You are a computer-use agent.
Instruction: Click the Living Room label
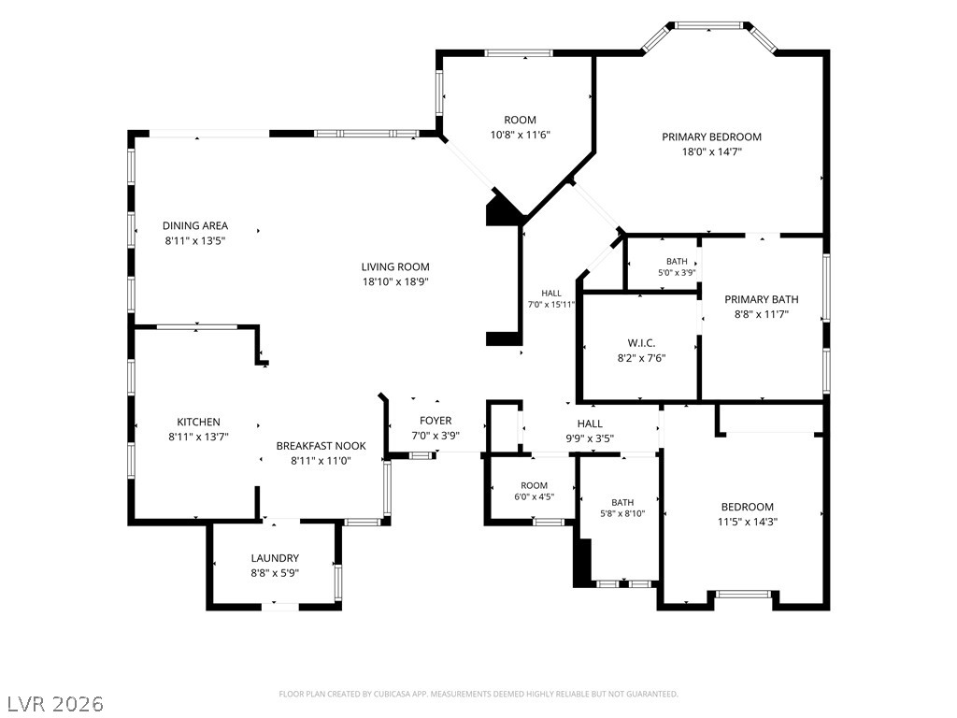395,266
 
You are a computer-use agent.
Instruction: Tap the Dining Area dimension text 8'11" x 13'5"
195,240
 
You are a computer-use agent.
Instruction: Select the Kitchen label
198,422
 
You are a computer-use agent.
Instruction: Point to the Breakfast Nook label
321,446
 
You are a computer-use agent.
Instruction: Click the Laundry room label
276,558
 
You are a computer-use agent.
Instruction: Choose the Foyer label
436,421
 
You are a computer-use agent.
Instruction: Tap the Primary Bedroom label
711,136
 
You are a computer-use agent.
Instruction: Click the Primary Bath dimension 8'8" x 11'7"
762,314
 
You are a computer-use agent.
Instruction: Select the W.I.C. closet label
641,343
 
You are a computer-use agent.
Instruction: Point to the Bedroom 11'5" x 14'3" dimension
748,522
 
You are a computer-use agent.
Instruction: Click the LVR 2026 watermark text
53,704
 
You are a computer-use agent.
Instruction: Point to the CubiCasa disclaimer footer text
478,695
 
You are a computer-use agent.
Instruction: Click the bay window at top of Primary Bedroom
709,36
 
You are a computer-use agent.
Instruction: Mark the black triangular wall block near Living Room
501,209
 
